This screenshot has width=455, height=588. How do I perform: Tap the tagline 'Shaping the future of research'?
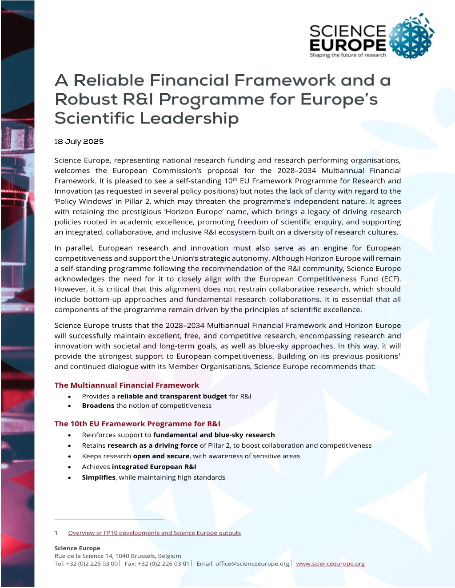(x=348, y=55)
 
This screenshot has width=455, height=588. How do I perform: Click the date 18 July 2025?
(x=79, y=142)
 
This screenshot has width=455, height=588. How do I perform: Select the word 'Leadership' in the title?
(x=190, y=119)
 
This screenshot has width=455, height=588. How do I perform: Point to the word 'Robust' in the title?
(x=86, y=99)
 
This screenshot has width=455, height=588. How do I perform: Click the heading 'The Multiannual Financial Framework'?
(x=127, y=385)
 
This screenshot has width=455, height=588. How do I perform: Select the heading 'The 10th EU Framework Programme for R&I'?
(x=137, y=424)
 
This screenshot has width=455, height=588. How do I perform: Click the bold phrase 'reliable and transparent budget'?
(x=172, y=396)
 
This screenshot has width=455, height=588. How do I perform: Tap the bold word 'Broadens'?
(x=98, y=405)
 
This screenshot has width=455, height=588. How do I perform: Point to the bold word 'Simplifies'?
(x=99, y=477)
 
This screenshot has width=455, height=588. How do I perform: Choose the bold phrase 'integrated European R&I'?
(x=154, y=467)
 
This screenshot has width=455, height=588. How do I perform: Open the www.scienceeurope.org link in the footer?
(x=330, y=564)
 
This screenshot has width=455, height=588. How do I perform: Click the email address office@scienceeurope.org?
(x=252, y=564)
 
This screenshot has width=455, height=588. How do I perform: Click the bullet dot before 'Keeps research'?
(x=70, y=457)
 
